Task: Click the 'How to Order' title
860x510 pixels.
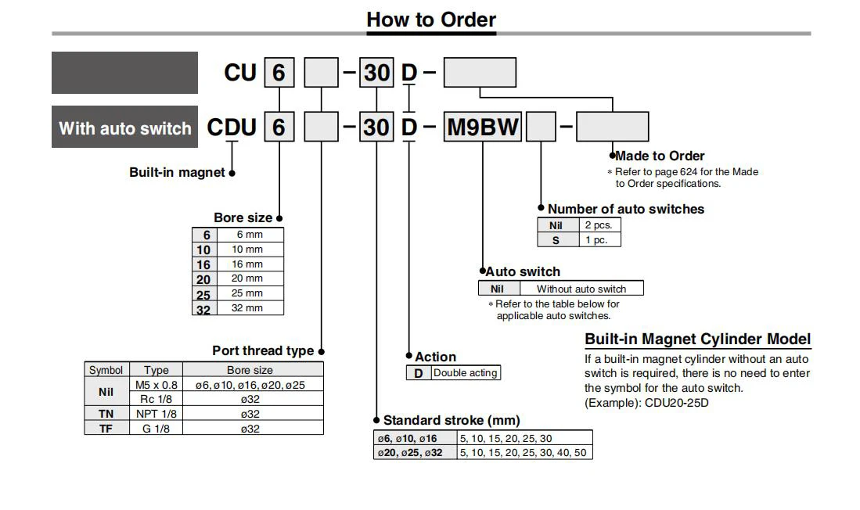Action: click(430, 20)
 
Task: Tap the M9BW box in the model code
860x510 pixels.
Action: click(482, 127)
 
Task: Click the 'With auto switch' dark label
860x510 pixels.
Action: click(125, 128)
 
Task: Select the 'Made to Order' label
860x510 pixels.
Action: click(660, 156)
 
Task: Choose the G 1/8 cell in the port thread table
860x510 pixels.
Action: click(156, 429)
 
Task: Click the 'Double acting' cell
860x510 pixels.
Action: click(466, 373)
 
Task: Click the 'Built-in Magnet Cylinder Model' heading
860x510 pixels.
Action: click(698, 339)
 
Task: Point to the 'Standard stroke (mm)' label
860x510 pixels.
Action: click(452, 420)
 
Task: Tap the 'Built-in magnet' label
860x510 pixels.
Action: click(177, 172)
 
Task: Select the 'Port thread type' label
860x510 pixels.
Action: click(263, 350)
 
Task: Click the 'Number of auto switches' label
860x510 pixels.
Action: click(625, 209)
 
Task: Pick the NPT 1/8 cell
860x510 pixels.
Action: click(156, 414)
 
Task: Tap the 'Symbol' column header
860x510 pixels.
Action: click(106, 370)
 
